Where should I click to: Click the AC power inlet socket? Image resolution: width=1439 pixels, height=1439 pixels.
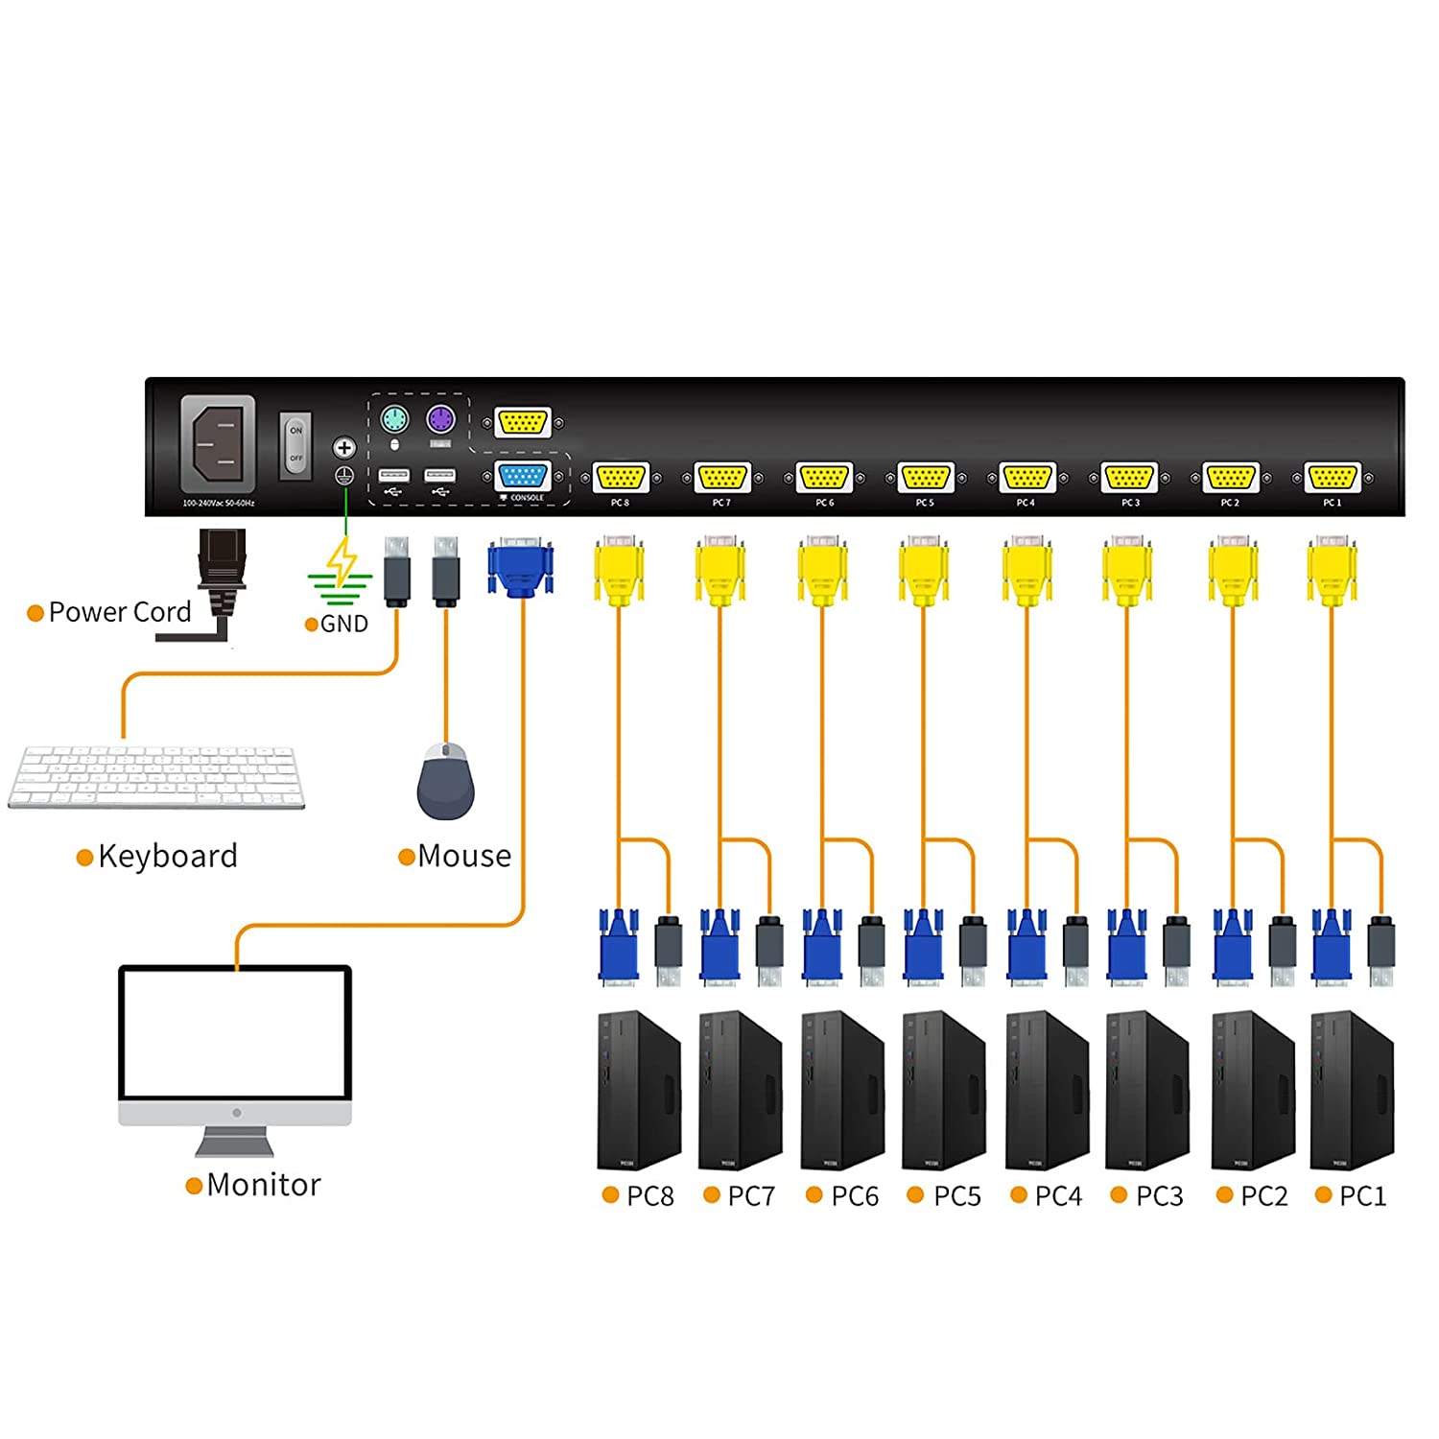[219, 444]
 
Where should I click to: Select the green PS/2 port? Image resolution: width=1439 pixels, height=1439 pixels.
[394, 420]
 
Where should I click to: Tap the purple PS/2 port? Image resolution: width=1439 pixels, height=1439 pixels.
[440, 420]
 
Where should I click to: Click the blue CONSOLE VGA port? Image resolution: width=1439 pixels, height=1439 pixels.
[523, 476]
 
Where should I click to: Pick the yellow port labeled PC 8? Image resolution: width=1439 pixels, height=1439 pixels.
[621, 477]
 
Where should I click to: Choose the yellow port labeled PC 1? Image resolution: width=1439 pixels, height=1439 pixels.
[1332, 477]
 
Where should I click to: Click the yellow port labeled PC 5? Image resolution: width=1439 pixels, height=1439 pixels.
[925, 477]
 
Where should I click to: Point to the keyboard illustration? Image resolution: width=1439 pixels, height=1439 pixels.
[156, 777]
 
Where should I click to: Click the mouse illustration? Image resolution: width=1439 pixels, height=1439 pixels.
[446, 782]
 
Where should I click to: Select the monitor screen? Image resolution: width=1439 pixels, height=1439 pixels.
[235, 1034]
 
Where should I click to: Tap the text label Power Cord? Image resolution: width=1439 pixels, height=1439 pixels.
[120, 612]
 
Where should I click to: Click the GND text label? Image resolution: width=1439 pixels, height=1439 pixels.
[343, 625]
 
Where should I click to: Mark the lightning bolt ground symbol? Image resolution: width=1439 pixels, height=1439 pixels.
[341, 564]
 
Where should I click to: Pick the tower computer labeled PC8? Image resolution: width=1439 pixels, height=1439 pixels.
[639, 1091]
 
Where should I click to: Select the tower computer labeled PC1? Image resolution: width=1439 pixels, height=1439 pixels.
[1352, 1091]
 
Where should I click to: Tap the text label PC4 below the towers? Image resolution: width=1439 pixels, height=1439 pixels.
[1058, 1196]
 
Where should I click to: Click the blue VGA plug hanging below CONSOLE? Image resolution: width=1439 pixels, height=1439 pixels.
[521, 568]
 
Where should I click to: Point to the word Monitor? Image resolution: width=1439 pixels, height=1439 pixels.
[264, 1185]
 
